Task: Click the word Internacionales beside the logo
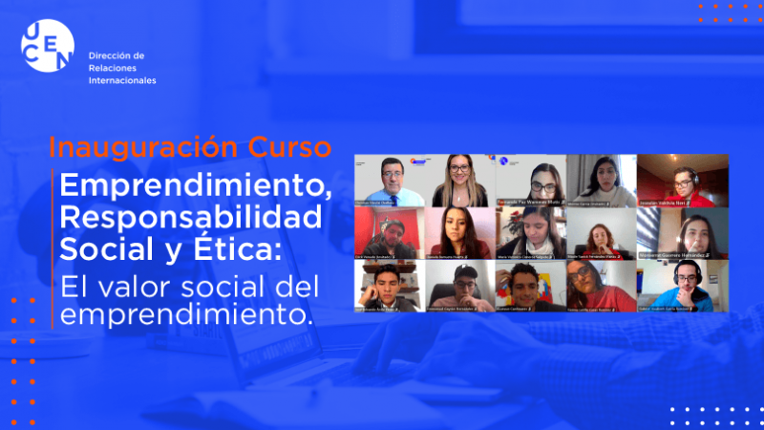(121, 81)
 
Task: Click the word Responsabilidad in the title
(190, 217)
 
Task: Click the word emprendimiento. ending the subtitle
(186, 313)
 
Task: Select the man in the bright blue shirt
(681, 287)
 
